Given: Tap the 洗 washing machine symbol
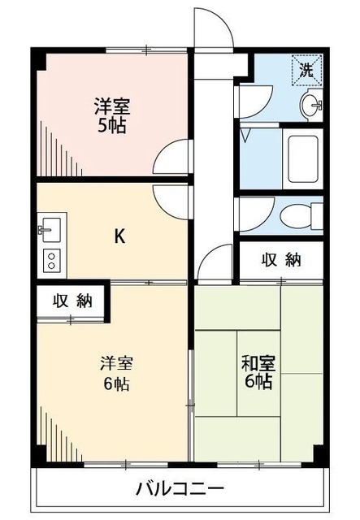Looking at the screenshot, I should pos(306,69).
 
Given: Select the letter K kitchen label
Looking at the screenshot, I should pos(119,236).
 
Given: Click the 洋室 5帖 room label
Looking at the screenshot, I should pos(111,116).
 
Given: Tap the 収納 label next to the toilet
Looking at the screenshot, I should pos(281,260).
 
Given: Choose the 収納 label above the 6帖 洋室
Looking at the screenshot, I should pos(72,299).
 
